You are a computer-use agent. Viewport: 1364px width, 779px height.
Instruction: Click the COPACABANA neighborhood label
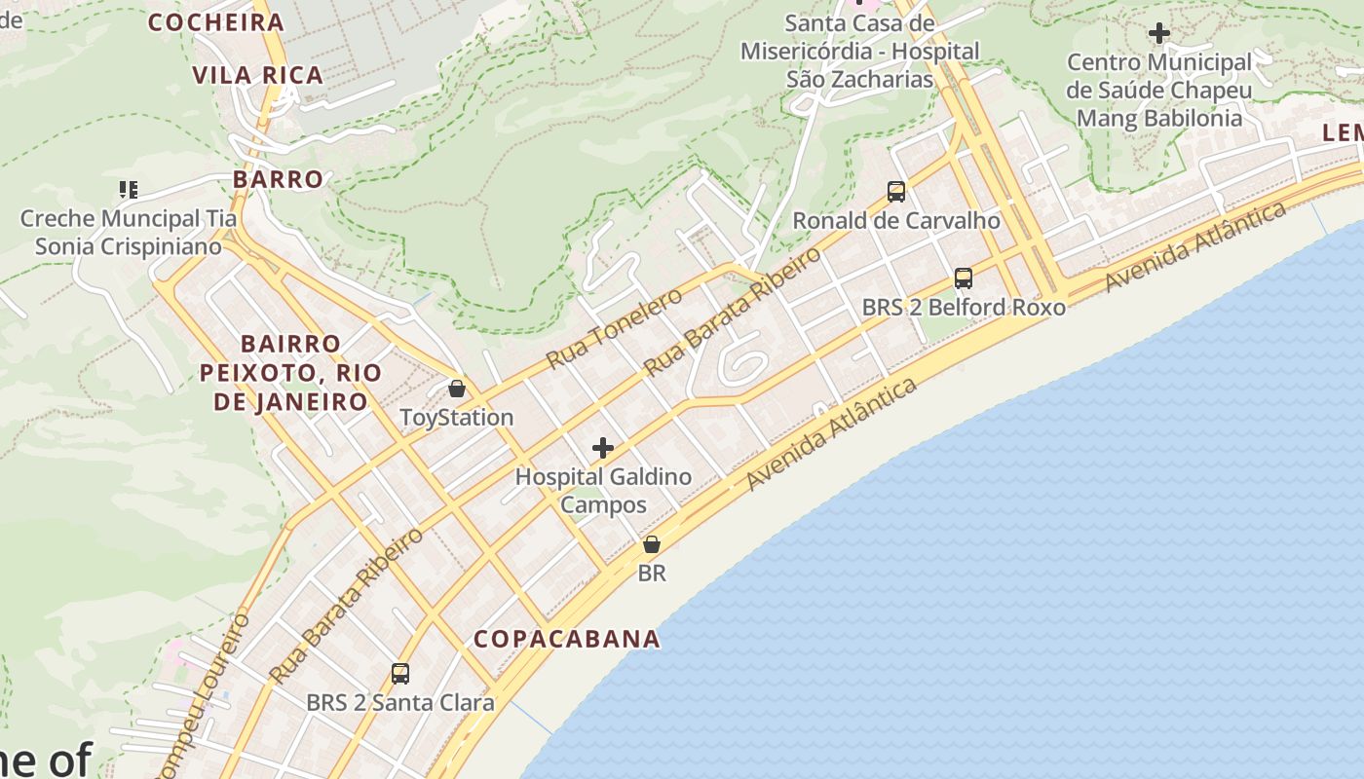[x=566, y=639]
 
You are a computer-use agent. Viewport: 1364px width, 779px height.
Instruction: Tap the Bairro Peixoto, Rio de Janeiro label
[x=290, y=372]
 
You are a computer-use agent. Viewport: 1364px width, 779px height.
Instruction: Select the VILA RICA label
[x=257, y=75]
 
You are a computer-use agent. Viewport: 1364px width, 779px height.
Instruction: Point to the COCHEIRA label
[x=215, y=22]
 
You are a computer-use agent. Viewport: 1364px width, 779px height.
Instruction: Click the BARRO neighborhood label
[x=278, y=179]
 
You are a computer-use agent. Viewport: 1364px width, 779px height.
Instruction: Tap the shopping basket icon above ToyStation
[x=456, y=389]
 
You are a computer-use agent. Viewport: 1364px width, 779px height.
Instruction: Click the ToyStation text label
[x=456, y=417]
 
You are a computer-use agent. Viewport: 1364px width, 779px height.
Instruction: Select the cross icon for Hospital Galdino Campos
[x=603, y=448]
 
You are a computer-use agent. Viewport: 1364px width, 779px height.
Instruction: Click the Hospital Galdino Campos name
[x=603, y=491]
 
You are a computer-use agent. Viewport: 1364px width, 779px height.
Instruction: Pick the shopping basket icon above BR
[x=651, y=544]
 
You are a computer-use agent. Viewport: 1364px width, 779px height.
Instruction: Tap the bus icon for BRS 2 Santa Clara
[x=399, y=673]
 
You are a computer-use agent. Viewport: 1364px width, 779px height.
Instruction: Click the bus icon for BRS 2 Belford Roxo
[x=963, y=278]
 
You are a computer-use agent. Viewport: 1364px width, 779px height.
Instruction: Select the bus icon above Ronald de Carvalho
[x=895, y=192]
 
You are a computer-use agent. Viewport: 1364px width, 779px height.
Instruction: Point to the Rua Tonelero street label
[x=614, y=328]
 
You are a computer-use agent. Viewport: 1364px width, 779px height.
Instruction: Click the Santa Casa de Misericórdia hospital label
[x=859, y=51]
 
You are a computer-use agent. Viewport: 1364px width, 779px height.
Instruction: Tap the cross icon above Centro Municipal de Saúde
[x=1158, y=33]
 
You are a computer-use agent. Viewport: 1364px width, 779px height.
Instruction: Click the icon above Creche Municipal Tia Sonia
[x=128, y=189]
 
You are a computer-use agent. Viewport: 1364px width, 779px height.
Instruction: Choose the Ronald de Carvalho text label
[x=895, y=220]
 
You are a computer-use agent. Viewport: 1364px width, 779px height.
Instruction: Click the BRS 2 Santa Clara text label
[x=399, y=702]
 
